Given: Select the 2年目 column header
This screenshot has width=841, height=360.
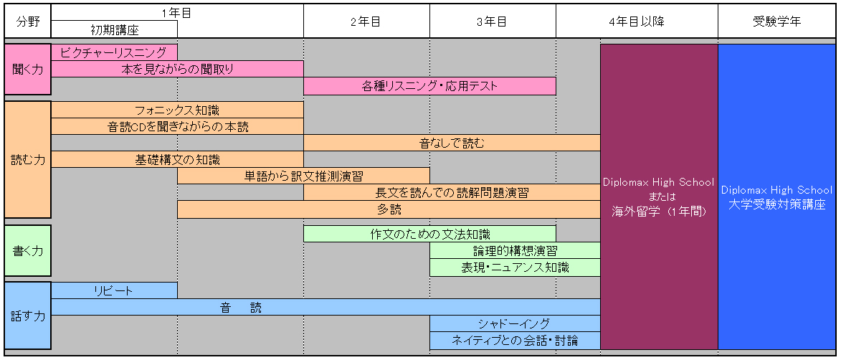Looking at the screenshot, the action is pos(366,22).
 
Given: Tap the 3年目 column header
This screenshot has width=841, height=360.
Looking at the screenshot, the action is pos(493,22).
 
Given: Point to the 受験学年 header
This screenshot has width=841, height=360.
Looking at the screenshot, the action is pos(776,22).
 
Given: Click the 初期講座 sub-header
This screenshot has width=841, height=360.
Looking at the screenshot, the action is pos(114,29).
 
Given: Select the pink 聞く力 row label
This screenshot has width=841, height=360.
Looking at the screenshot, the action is pos(28,70).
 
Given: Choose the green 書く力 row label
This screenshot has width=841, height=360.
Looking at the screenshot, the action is pos(28,250).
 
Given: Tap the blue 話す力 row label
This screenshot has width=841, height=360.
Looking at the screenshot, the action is pos(28,316).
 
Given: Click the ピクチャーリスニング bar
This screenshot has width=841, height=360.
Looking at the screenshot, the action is pos(114,52).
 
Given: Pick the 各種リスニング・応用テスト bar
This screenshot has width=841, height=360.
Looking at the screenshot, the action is pos(429,86).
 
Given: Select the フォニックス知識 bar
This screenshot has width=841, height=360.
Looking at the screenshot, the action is pos(178,110).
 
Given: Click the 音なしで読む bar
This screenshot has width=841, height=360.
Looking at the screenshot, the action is pos(452,143).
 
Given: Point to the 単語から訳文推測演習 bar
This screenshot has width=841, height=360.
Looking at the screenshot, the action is pos(303,176).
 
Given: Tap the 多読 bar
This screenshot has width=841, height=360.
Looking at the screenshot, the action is pos(389,209).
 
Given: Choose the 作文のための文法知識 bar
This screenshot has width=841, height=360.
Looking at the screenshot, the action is pos(429,234).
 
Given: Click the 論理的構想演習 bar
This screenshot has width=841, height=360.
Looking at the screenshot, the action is pos(515,250).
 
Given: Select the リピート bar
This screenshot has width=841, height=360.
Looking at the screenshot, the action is pos(114,290).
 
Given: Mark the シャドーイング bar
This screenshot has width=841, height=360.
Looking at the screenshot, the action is pos(515,323).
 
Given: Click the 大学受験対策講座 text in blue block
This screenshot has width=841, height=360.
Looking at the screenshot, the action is pos(776,204).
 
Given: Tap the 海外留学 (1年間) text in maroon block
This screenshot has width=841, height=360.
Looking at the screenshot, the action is pos(659,212).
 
